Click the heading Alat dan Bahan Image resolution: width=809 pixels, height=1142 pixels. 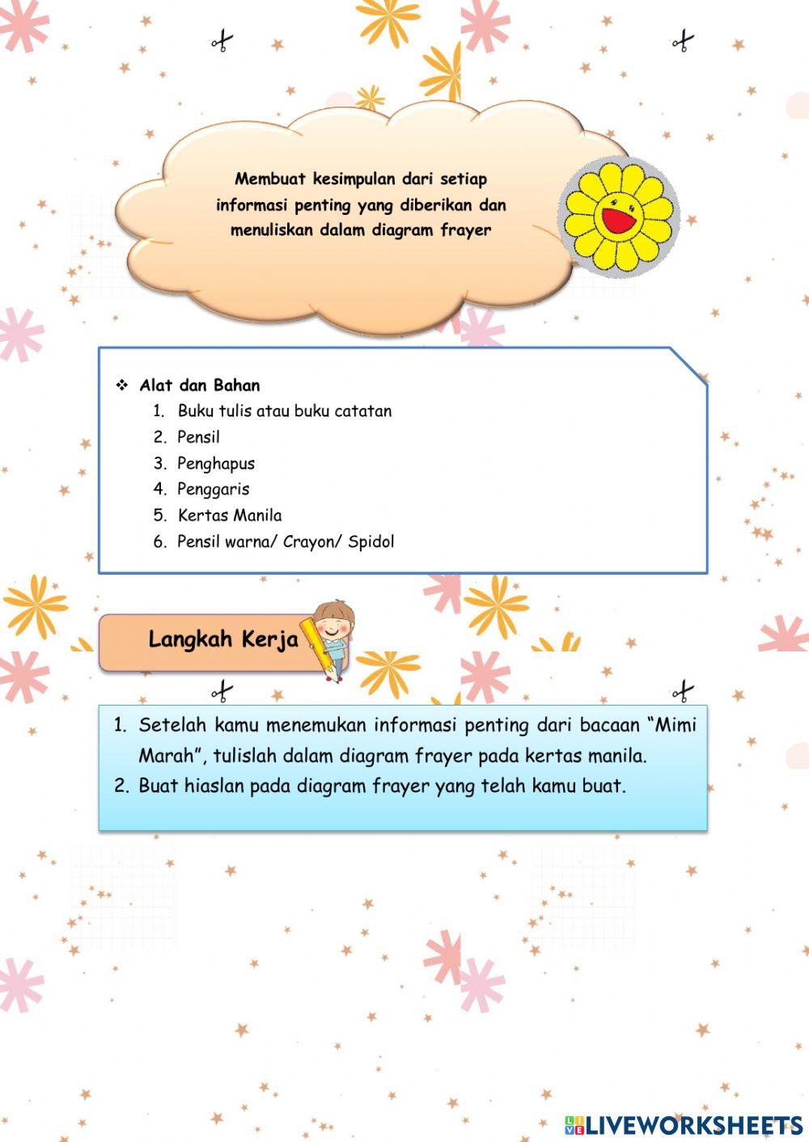click(x=200, y=386)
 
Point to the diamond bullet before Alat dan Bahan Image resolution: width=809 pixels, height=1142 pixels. click(x=122, y=385)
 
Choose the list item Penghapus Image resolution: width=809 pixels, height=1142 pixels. click(x=216, y=463)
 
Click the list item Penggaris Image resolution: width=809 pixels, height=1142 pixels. click(x=214, y=489)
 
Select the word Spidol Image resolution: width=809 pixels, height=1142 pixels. click(x=371, y=542)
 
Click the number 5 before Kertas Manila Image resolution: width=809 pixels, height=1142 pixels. click(x=159, y=516)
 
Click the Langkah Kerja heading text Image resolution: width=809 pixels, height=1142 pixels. click(x=223, y=639)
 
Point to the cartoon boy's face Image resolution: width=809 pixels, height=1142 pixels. click(x=334, y=623)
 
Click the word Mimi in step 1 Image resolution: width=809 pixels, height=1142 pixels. click(x=676, y=725)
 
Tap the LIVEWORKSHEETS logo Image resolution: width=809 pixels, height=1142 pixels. click(x=684, y=1124)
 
